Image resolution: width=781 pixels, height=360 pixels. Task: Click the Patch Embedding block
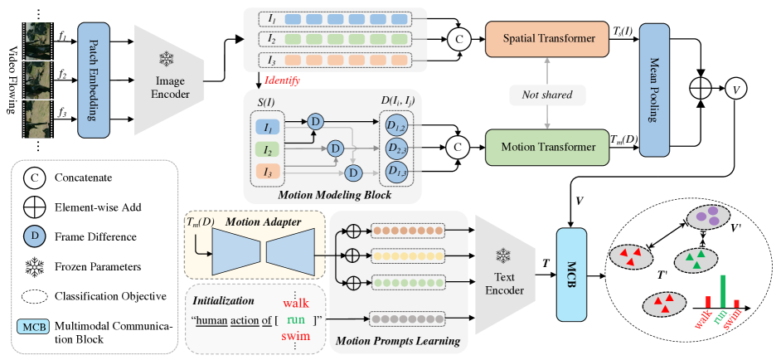click(93, 80)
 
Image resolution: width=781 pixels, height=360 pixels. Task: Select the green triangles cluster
click(696, 259)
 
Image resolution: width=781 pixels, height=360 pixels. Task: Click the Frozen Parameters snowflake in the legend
click(34, 267)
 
